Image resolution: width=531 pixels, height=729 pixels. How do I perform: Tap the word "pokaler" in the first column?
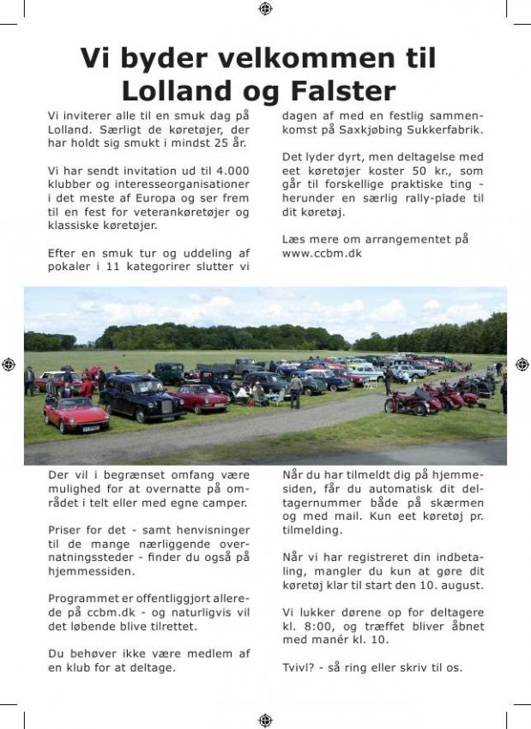pyautogui.click(x=70, y=267)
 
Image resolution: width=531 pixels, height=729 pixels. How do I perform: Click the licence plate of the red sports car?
pyautogui.click(x=91, y=428)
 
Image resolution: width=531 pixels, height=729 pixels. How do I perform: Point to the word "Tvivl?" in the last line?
pyautogui.click(x=300, y=666)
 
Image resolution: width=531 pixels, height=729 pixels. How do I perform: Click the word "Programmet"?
pyautogui.click(x=84, y=599)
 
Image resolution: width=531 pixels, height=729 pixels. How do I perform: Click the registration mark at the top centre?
pyautogui.click(x=265, y=9)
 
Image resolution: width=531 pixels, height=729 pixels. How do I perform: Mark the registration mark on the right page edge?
pyautogui.click(x=522, y=364)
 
